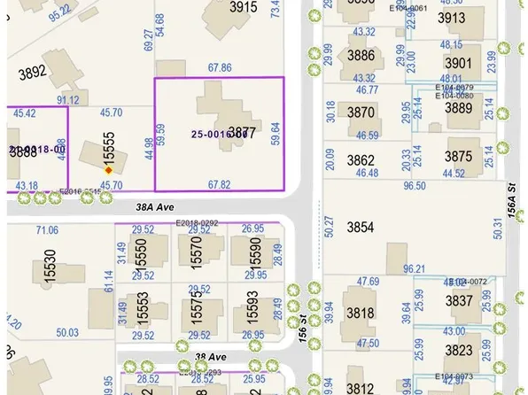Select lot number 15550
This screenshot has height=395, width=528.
coord(140,256)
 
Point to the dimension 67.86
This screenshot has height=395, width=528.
coord(220,67)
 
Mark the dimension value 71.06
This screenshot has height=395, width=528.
coord(48,230)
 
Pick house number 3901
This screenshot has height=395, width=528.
coord(458,63)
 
